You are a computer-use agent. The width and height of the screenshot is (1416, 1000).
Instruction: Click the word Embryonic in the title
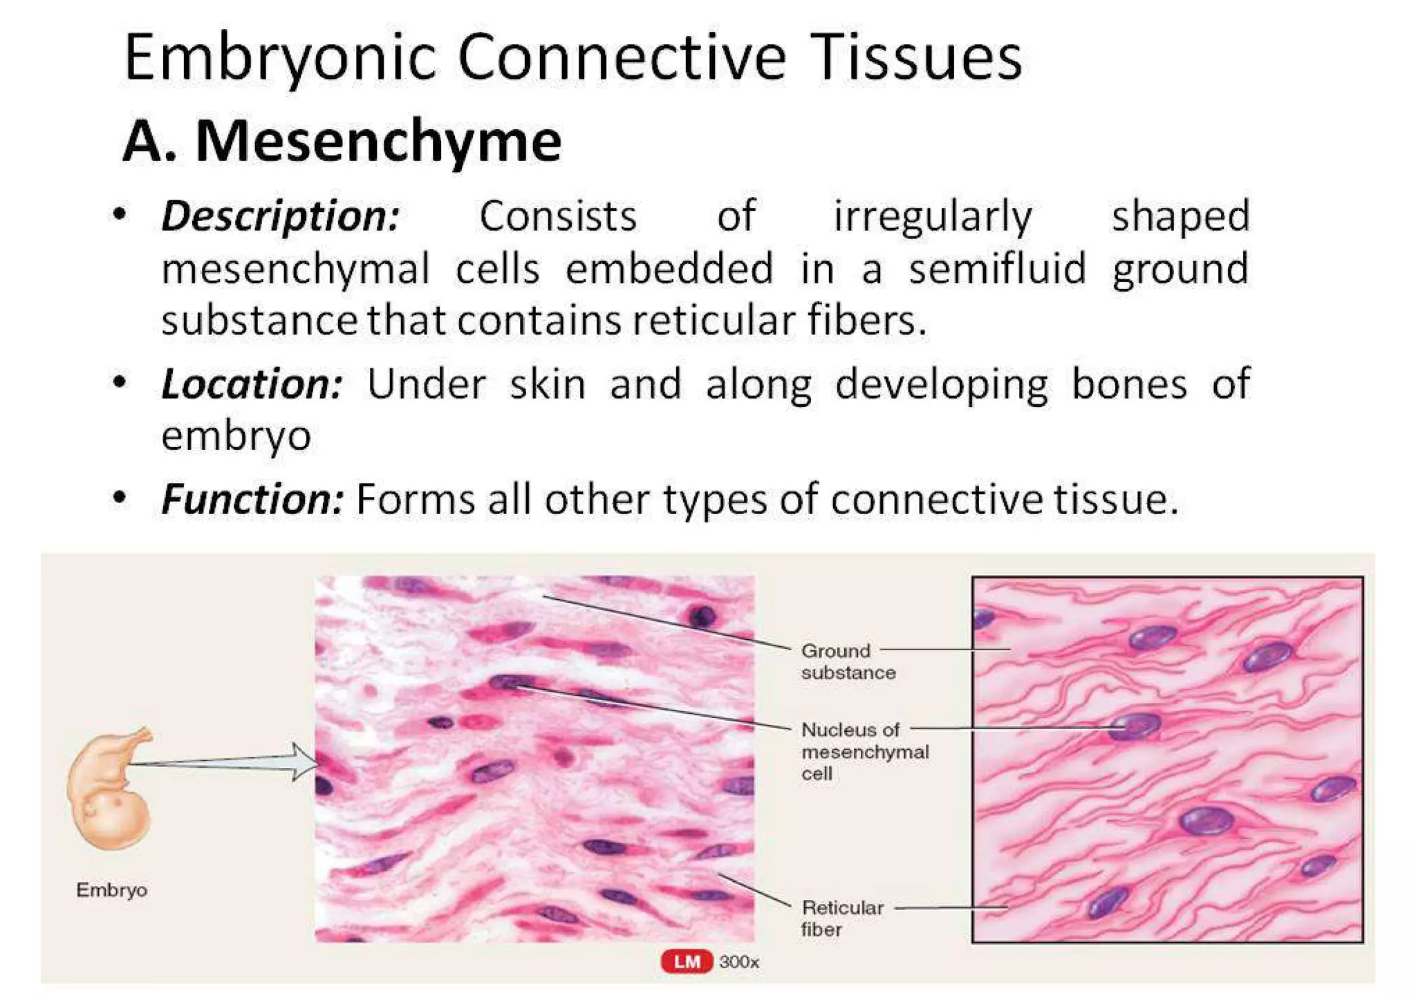pos(280,58)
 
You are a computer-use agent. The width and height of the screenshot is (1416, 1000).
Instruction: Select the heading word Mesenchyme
pos(378,142)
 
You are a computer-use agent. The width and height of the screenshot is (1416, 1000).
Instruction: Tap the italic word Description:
pos(280,216)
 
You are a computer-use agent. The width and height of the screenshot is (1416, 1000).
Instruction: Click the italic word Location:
pos(252,384)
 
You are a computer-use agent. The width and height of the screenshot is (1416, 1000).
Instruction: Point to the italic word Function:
pos(252,499)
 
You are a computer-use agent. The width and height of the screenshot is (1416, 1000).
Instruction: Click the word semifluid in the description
pos(997,269)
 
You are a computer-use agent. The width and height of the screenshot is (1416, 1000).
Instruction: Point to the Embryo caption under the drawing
pos(111,889)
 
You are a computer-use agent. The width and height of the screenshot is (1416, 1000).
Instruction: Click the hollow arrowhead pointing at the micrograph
pos(304,762)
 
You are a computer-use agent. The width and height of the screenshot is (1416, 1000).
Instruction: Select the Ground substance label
pos(848,661)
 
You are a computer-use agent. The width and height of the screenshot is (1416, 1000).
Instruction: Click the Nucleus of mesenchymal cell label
pos(864,751)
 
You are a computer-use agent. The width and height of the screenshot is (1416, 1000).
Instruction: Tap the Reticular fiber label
pos(842,918)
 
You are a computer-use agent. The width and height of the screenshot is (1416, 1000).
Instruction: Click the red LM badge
pos(687,961)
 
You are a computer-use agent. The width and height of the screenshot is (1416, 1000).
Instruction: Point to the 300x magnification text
pos(739,962)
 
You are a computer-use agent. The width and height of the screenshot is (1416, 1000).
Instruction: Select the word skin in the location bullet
pos(548,384)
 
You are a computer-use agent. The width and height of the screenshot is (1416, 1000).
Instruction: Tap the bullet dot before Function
pos(120,497)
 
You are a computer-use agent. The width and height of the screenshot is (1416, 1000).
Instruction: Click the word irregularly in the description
pos(933,216)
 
